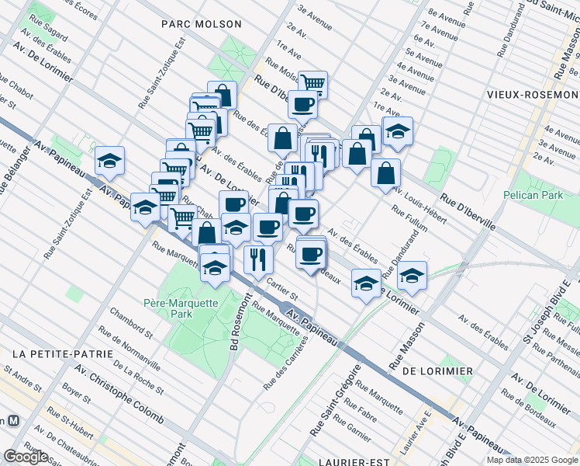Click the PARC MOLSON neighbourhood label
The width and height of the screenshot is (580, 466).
pos(202,24)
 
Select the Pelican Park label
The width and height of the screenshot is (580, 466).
pos(533,195)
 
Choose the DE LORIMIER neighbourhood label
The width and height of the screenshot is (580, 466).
pos(437,371)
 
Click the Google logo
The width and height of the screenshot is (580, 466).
pos(26,456)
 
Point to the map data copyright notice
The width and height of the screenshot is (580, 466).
pos(532,460)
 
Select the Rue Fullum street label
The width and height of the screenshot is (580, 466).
pos(409,219)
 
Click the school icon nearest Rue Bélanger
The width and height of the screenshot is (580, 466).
pos(110,162)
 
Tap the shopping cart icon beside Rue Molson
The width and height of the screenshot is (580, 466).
pos(312,82)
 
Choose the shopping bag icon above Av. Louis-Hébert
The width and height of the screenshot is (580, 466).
pos(385,173)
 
